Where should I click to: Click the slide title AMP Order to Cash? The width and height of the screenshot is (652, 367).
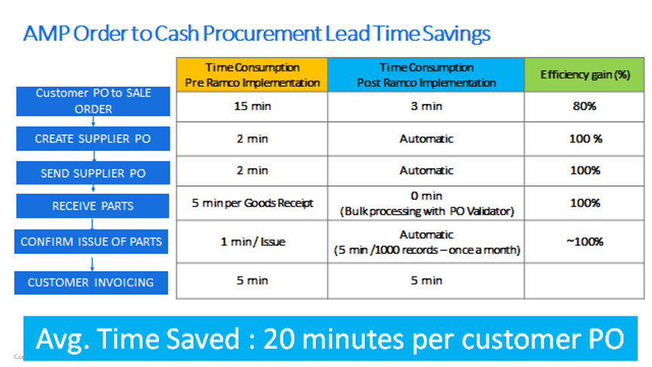coord(256,34)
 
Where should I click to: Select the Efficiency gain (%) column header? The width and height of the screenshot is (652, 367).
coord(584,75)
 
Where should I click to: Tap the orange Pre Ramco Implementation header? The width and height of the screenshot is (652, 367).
coord(252,75)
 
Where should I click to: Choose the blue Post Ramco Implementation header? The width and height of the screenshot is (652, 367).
coord(426,75)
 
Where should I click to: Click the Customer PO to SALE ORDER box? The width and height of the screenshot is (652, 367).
coord(93,101)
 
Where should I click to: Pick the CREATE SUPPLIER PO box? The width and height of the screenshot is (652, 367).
coord(93,139)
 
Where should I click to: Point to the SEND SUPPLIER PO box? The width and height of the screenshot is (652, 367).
coord(93,173)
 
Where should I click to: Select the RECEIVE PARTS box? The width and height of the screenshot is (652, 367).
coord(93,206)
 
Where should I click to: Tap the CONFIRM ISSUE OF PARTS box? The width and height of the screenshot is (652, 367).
coord(91,241)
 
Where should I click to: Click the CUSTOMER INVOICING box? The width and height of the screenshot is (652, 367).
coord(91,283)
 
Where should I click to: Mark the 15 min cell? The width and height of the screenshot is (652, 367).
coord(252,106)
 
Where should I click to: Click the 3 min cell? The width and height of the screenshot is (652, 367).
coord(426,106)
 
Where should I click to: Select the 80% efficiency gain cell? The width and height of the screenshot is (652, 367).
coord(584,106)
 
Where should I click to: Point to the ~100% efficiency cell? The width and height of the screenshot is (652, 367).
coord(584,241)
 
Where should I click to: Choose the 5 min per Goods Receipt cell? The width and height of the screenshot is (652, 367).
coord(252,203)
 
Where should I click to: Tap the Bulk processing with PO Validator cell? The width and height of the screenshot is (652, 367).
coord(426,203)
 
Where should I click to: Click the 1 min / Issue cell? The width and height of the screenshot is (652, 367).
coord(252,241)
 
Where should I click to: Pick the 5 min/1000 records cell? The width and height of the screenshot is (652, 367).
coord(426,241)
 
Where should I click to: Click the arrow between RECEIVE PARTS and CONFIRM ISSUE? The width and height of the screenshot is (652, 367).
coord(92,224)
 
